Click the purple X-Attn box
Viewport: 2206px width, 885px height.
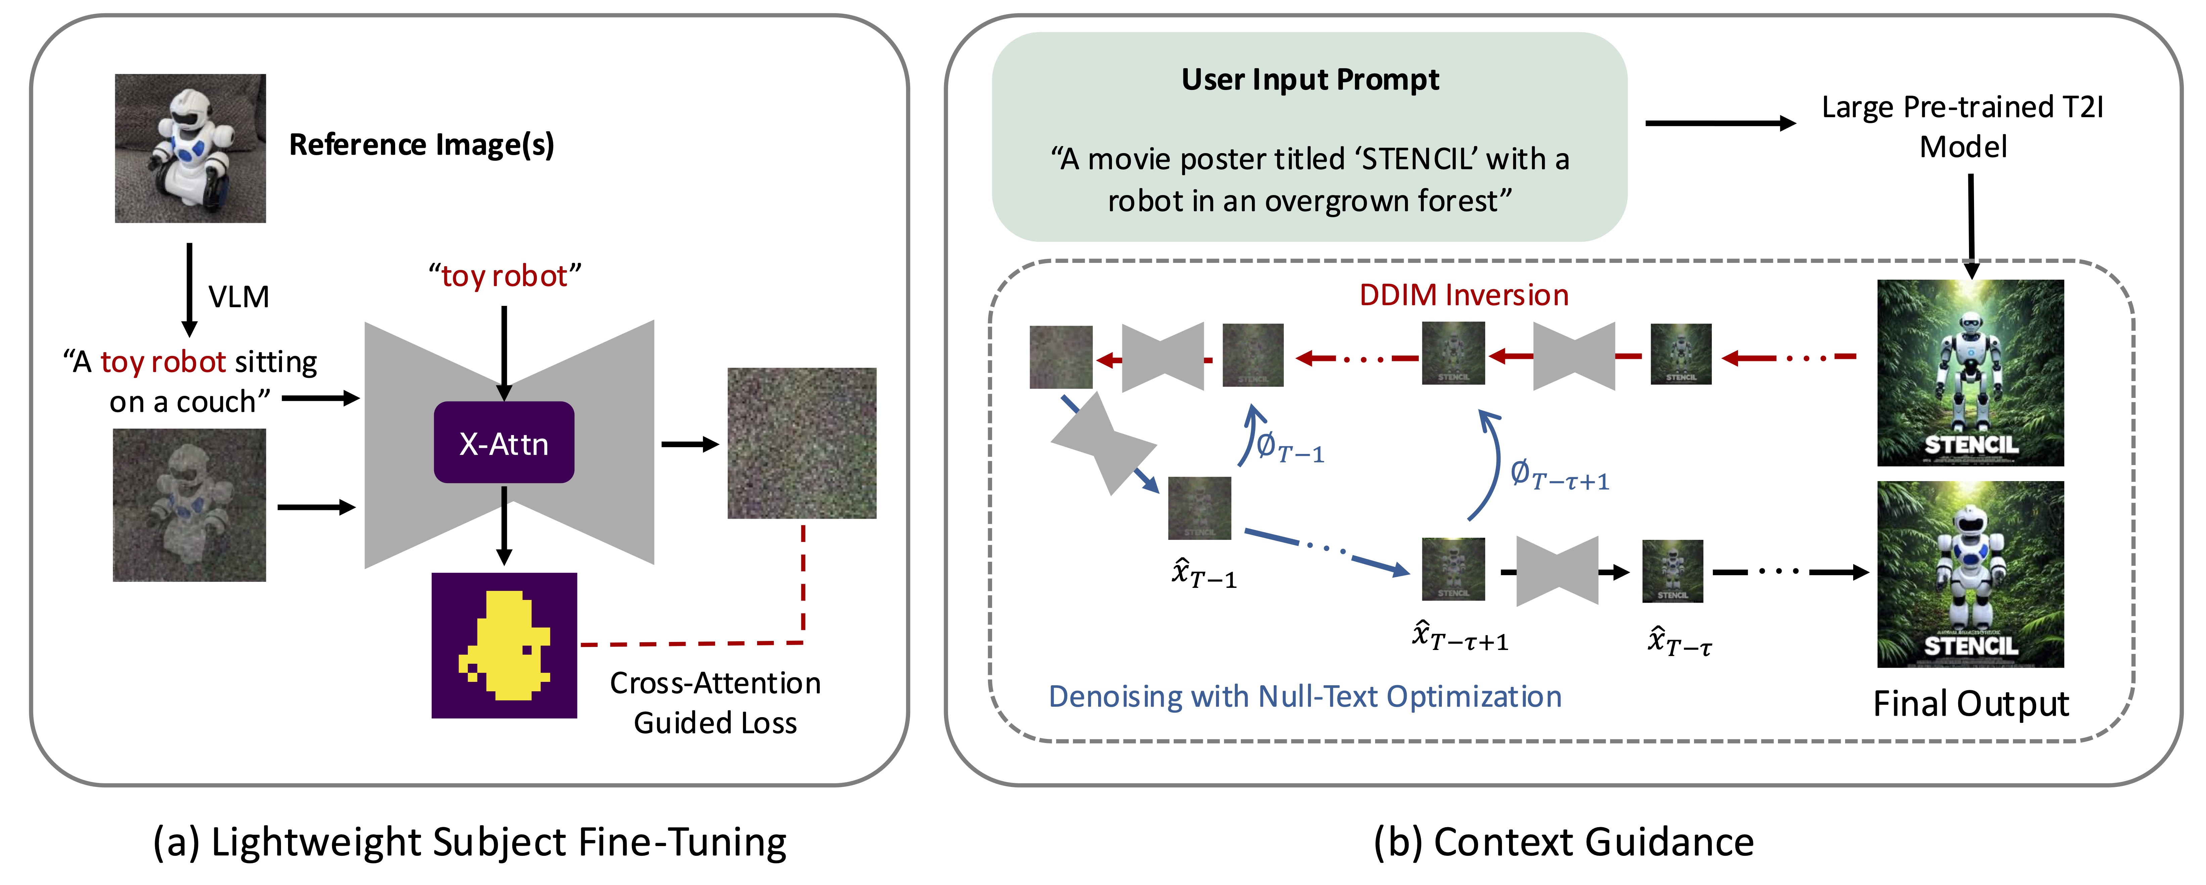[x=504, y=443]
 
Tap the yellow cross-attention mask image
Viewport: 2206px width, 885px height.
[x=504, y=645]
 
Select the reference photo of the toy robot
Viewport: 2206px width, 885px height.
[x=190, y=148]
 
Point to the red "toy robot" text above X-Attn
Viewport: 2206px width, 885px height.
[x=504, y=276]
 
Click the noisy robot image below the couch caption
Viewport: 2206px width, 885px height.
[x=189, y=506]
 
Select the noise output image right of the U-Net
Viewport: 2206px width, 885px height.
[x=802, y=443]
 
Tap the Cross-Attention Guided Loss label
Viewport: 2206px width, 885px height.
[x=715, y=702]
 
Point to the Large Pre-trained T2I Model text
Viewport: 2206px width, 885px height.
[x=1962, y=127]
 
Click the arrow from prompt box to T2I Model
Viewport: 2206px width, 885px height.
[x=1720, y=123]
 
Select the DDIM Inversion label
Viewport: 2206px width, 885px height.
[x=1463, y=295]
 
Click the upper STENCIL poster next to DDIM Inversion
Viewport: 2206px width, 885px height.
[x=1970, y=373]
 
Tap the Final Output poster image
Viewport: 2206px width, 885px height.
[x=1970, y=574]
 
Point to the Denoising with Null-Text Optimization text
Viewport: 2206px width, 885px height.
[x=1304, y=697]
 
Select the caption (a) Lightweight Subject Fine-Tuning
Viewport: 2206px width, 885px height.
[x=469, y=842]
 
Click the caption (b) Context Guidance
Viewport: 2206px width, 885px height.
[x=1564, y=842]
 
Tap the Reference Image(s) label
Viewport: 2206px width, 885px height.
[x=421, y=145]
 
